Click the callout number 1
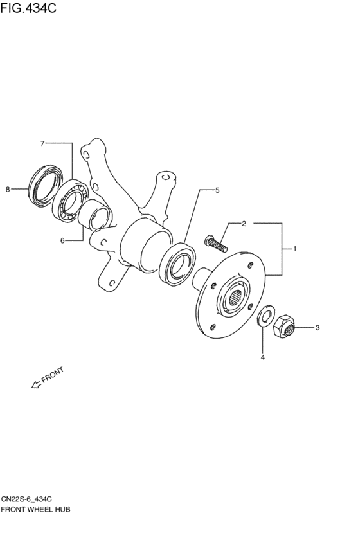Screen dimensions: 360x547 pos(295,249)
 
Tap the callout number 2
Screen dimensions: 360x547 pos(244,224)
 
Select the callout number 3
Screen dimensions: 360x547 pos(318,328)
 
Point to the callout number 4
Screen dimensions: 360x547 pos(263,357)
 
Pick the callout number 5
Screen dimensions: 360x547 pos(217,190)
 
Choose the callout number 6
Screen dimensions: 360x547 pos(62,240)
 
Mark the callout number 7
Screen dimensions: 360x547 pos(42,143)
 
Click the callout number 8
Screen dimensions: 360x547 pos(8,190)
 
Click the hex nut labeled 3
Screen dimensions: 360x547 pos(284,326)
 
